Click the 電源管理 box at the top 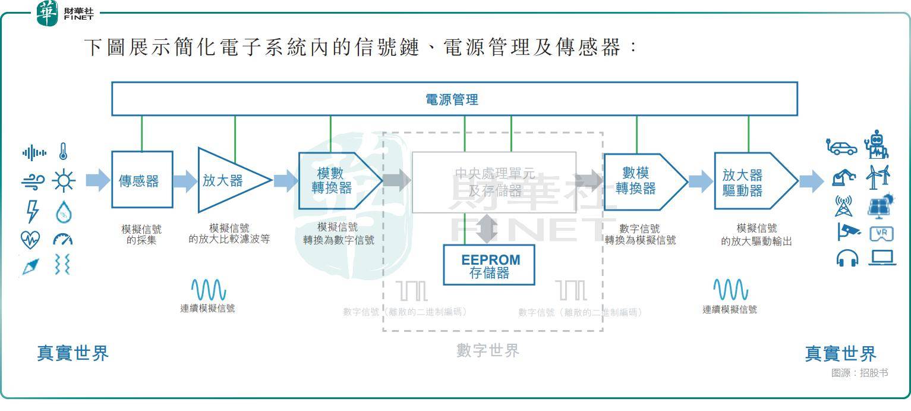pos(454,99)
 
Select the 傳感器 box pos(142,180)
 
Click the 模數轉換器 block pos(336,181)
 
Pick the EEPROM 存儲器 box pos(489,265)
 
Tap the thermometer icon pos(63,152)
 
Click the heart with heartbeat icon pos(30,240)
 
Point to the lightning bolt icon pos(32,211)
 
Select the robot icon pos(876,144)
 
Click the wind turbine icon pos(878,177)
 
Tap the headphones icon pos(847,258)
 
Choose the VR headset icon pos(881,234)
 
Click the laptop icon pos(881,258)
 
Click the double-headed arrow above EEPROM pos(488,228)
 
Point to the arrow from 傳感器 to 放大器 pos(185,180)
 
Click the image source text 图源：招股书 pos(859,373)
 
